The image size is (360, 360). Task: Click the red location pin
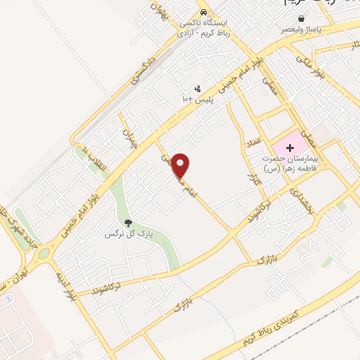pos(181,165)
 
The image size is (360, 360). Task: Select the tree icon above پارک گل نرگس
pos(127,222)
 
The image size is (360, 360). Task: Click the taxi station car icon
pos(203,12)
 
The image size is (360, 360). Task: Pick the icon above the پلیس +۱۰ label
pos(197,89)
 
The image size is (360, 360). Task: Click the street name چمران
pos(127,134)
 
